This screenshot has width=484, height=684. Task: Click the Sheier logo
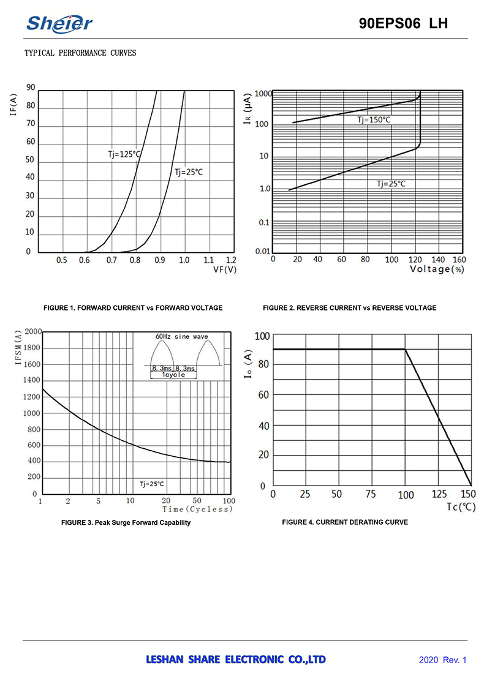pyautogui.click(x=59, y=23)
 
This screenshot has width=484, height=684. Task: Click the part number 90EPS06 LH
pyautogui.click(x=403, y=24)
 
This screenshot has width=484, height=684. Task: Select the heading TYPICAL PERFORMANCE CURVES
pyautogui.click(x=80, y=53)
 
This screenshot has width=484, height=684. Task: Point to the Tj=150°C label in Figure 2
pyautogui.click(x=374, y=120)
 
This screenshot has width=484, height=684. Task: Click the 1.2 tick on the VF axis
pyautogui.click(x=231, y=260)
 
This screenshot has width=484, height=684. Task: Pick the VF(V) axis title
pyautogui.click(x=224, y=269)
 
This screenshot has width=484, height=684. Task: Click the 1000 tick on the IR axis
pyautogui.click(x=263, y=94)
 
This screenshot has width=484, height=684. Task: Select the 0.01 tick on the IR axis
pyautogui.click(x=262, y=252)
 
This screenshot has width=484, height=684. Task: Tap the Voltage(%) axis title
pyautogui.click(x=437, y=269)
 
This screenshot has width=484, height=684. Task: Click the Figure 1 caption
pyautogui.click(x=133, y=308)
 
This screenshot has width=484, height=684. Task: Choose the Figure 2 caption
pyautogui.click(x=350, y=308)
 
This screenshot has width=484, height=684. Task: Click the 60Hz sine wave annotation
pyautogui.click(x=182, y=337)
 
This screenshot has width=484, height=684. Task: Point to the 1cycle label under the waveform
pyautogui.click(x=174, y=375)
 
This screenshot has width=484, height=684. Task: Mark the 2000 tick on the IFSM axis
pyautogui.click(x=32, y=332)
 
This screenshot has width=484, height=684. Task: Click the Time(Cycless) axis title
pyautogui.click(x=198, y=509)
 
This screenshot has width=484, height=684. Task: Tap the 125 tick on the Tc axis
pyautogui.click(x=439, y=495)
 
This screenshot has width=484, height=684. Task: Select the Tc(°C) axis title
pyautogui.click(x=461, y=507)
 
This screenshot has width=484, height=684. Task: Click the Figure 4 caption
pyautogui.click(x=345, y=522)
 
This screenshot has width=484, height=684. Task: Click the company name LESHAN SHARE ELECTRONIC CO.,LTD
pyautogui.click(x=236, y=660)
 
